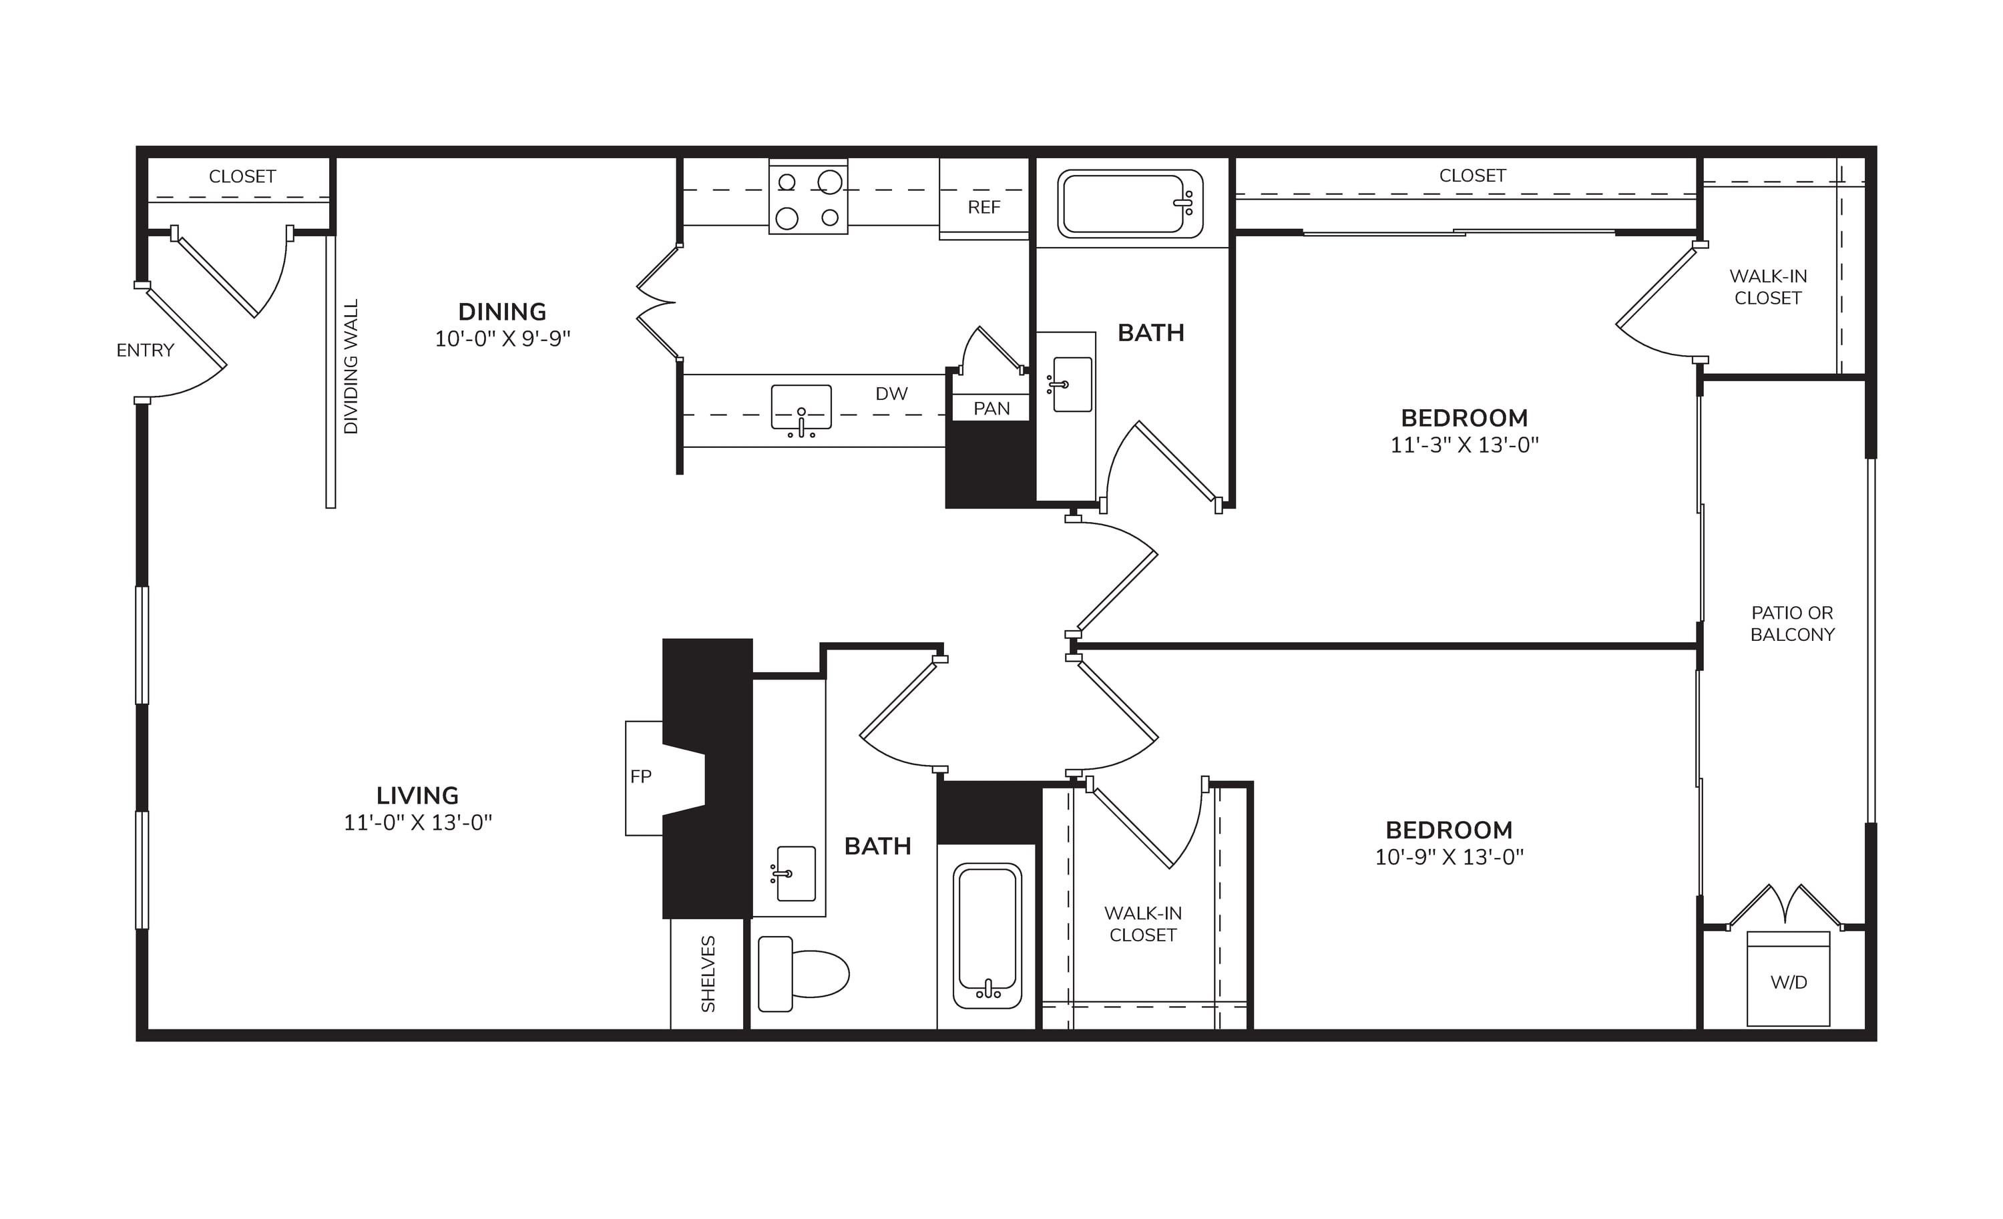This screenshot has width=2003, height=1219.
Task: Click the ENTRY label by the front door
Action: (146, 350)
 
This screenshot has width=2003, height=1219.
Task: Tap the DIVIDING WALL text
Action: (351, 367)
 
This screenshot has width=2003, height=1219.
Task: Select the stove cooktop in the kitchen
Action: (808, 198)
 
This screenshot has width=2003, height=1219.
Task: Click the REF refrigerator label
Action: (983, 207)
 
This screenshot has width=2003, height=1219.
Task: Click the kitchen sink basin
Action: (801, 407)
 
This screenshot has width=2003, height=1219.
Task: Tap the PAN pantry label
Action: (991, 409)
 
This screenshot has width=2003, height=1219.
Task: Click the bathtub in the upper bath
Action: (1130, 204)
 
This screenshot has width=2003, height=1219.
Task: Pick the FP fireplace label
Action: (640, 777)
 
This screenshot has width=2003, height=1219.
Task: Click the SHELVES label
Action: (708, 973)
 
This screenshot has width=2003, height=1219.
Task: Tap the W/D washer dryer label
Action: (1789, 983)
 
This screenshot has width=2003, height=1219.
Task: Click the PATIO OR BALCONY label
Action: (1793, 624)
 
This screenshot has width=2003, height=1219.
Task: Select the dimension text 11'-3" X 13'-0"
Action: (1465, 445)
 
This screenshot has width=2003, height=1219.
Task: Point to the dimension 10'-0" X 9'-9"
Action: (502, 339)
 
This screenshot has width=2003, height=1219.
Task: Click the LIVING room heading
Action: (418, 796)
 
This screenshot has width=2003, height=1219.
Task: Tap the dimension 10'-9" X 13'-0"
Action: (1450, 857)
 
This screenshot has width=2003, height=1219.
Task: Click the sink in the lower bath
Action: (795, 874)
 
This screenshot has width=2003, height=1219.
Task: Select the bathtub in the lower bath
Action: (987, 935)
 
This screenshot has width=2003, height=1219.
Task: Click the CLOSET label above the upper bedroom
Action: (1472, 176)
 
